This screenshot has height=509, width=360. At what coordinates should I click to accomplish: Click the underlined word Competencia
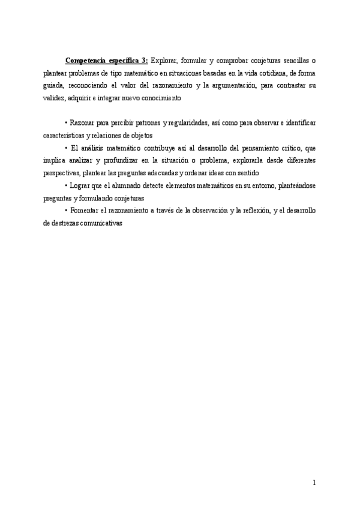click(x=83, y=60)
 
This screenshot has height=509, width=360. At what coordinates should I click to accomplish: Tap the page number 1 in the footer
click(x=314, y=482)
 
